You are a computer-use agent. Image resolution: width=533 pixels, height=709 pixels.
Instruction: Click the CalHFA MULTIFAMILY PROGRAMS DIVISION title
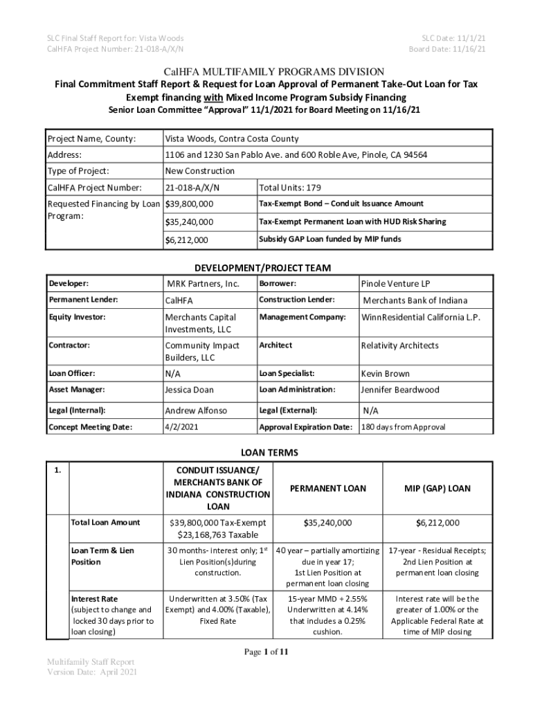coord(266,71)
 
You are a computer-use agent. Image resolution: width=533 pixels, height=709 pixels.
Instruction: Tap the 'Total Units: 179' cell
coord(290,188)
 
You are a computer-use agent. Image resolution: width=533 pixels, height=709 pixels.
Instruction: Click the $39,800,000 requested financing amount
coord(190,204)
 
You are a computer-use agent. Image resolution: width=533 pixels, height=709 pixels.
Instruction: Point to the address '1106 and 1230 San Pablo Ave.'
coord(228,155)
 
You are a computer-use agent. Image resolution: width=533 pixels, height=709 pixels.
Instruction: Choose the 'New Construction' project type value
coord(200,171)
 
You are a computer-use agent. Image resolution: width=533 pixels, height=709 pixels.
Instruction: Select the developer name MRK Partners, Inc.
coord(203,283)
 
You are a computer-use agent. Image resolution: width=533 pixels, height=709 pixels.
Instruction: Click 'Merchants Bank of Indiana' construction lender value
coord(415,300)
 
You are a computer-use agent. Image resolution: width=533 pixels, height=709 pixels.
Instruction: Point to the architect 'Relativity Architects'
coord(399,345)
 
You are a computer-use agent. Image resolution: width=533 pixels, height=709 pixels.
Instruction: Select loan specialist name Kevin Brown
coord(386,373)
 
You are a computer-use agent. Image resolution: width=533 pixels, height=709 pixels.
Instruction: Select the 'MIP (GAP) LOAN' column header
coord(437,488)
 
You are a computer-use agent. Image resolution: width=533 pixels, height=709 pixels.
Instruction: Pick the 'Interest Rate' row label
coord(95,598)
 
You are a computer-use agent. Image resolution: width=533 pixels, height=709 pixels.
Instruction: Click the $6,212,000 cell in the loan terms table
coord(437,523)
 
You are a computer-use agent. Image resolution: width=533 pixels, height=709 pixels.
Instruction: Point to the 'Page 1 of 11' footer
coord(265,651)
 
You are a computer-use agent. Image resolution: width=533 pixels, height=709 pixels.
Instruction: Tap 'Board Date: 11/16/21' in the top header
coord(447,49)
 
